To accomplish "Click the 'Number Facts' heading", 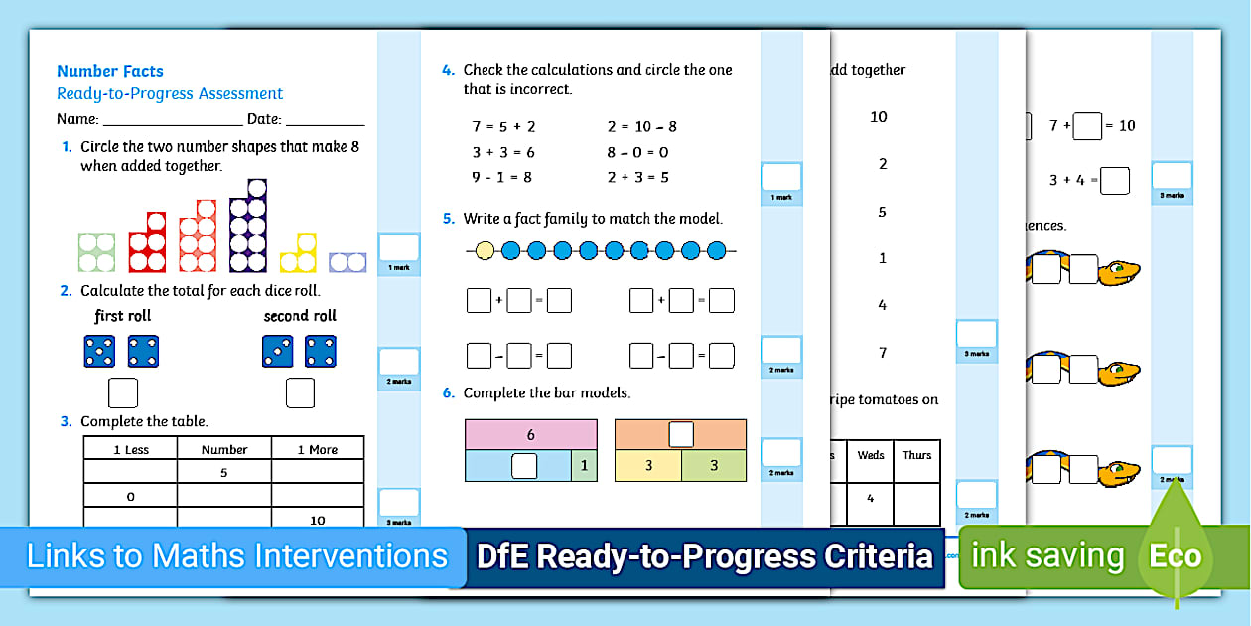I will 109,71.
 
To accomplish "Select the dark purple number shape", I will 248,228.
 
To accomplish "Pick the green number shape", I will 97,252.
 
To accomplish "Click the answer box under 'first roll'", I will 122,393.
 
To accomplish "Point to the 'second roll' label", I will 300,316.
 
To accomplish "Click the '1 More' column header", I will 318,449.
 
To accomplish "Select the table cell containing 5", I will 224,473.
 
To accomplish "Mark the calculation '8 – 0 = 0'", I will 637,152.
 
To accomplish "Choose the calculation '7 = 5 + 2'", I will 503,126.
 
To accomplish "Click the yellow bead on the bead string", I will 485,250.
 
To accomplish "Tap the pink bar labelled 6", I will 531,434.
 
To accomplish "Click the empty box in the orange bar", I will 680,434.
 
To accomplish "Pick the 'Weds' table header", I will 870,455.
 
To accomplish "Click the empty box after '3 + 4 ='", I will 1115,181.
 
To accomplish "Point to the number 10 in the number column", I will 879,117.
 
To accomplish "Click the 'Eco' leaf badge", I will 1176,555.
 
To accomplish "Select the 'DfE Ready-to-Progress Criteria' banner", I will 705,556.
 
